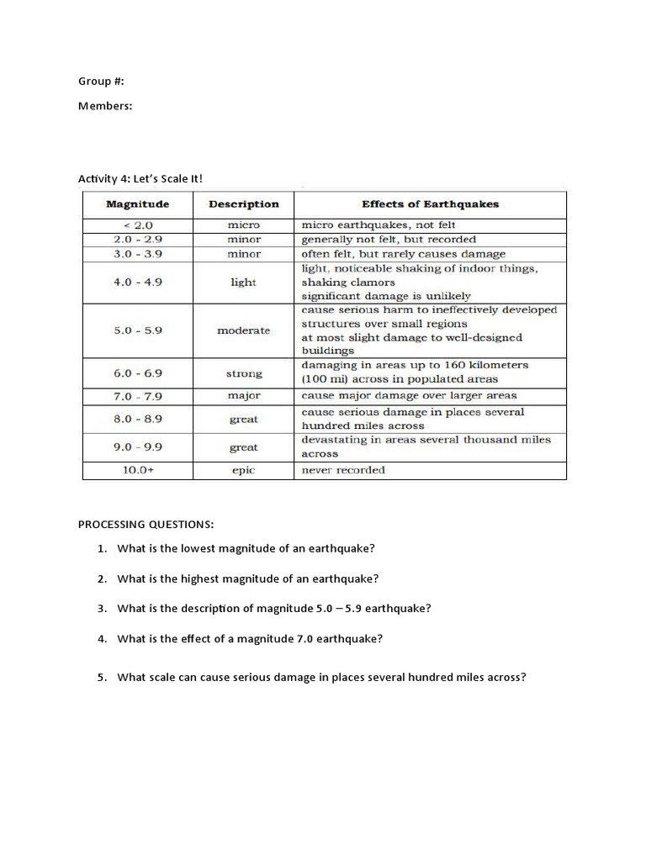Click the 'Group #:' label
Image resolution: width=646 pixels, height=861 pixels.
coord(101,82)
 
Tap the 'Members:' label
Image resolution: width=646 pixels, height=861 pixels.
coord(106,106)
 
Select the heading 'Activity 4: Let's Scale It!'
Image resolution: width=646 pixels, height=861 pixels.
coord(140,178)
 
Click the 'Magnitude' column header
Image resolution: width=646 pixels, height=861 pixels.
coord(137,204)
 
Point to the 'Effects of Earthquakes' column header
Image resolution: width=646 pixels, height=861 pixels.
coord(430,204)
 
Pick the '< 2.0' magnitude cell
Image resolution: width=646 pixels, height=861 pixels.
coord(137,225)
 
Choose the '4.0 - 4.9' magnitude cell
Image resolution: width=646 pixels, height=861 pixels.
coord(137,283)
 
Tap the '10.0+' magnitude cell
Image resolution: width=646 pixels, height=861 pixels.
coord(137,470)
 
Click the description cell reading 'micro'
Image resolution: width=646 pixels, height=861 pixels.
coord(243,225)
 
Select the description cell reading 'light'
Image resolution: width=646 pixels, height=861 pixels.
coord(243,283)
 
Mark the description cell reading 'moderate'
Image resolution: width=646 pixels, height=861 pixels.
coord(243,330)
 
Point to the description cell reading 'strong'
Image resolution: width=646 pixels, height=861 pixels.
coord(243,373)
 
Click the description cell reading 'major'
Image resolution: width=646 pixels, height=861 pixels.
coord(243,395)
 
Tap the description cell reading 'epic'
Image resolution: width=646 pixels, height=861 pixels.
coord(243,470)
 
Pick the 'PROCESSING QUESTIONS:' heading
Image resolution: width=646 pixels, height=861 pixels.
coord(146,525)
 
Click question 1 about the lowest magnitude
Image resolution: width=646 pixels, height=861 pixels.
coord(246,548)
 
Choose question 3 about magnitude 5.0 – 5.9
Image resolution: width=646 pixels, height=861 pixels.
coord(273,609)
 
